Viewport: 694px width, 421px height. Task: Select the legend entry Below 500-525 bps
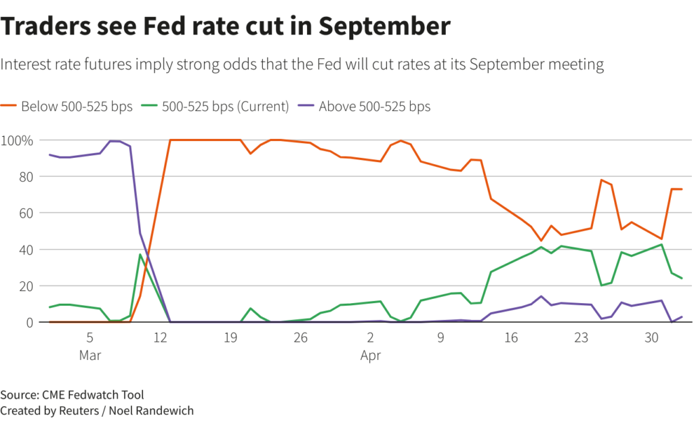72,106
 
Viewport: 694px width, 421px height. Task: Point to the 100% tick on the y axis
17,140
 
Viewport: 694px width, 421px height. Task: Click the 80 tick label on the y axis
25,176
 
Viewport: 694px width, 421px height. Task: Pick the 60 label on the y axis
25,213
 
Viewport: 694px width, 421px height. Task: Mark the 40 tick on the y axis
25,249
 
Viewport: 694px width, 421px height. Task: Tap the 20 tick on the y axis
25,286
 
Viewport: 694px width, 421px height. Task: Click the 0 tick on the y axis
28,323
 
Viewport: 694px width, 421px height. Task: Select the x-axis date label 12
160,337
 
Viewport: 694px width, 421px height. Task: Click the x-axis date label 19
230,337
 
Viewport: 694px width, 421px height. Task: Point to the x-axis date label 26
300,337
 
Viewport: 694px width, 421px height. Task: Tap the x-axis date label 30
651,337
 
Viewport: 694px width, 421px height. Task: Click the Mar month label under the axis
89,355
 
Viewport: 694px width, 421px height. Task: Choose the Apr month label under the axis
371,355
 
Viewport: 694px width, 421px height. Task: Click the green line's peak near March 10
140,254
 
